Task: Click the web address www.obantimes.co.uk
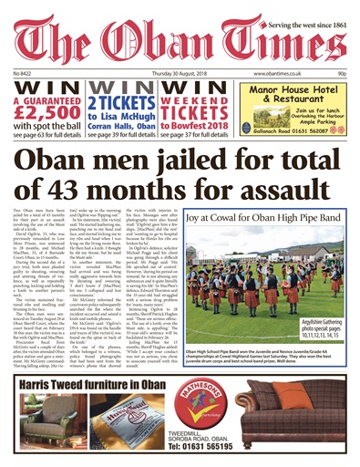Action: click(x=279, y=70)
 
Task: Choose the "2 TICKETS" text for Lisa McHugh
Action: click(x=129, y=103)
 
